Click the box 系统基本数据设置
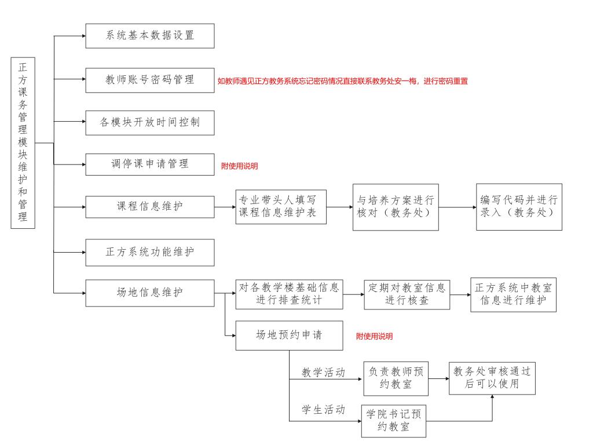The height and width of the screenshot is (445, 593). (150, 36)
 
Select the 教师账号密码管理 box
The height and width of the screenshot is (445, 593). (150, 80)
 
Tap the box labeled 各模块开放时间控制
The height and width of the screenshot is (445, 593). (150, 123)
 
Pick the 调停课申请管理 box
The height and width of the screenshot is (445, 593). (150, 164)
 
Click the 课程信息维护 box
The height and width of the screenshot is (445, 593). (150, 207)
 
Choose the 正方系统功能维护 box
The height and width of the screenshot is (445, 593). (150, 253)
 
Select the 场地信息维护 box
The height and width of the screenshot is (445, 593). (150, 293)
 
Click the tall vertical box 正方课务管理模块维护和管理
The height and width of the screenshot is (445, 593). (23, 143)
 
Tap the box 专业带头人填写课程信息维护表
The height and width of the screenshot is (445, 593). (281, 207)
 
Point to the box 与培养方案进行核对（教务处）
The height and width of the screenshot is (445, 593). (396, 207)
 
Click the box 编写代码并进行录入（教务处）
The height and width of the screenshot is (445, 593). (519, 207)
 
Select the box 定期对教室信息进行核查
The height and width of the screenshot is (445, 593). (407, 295)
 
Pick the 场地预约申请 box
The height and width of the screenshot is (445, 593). (290, 335)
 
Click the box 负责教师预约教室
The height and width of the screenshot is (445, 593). (396, 378)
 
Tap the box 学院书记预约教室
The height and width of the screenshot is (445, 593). (394, 421)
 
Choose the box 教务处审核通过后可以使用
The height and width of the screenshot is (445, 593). (492, 378)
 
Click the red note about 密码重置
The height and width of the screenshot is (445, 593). (343, 81)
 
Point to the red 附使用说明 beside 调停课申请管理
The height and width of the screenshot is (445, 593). (239, 166)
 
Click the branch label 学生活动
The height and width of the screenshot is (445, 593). (323, 410)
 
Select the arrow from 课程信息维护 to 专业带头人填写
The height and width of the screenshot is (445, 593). (225, 207)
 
